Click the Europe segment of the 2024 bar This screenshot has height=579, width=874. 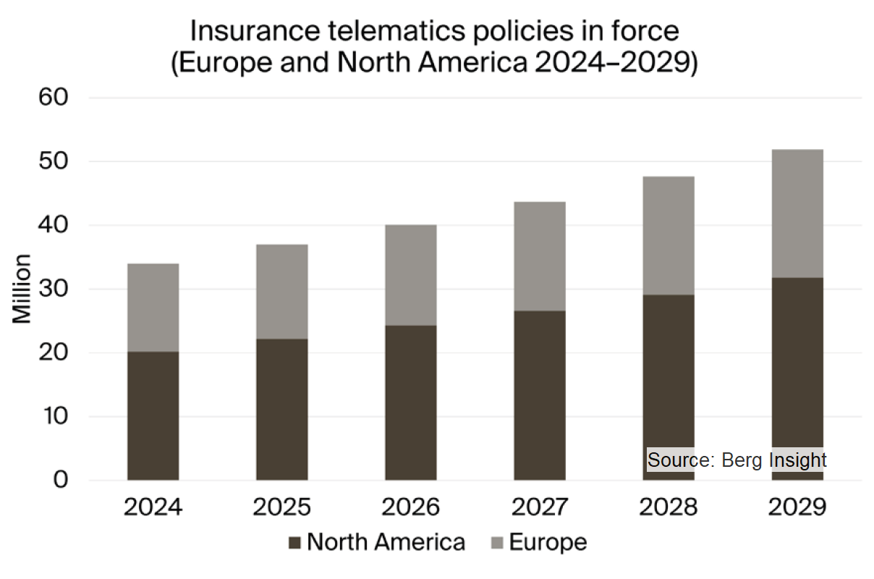pyautogui.click(x=153, y=308)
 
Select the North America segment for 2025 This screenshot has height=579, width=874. pyautogui.click(x=281, y=409)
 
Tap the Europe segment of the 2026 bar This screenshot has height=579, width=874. pyautogui.click(x=410, y=275)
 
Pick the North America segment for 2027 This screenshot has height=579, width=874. pyautogui.click(x=540, y=395)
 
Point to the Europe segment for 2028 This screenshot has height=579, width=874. pyautogui.click(x=669, y=235)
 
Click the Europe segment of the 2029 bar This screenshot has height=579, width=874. pyautogui.click(x=797, y=214)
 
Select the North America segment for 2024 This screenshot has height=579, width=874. pyautogui.click(x=153, y=416)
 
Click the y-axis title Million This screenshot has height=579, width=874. pyautogui.click(x=22, y=289)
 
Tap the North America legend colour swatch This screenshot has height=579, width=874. pyautogui.click(x=294, y=543)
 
